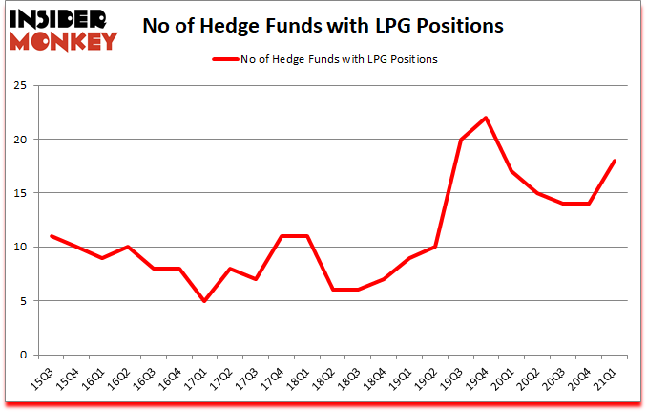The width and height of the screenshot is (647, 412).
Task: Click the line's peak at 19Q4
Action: click(486, 118)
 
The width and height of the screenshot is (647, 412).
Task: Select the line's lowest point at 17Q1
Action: click(204, 301)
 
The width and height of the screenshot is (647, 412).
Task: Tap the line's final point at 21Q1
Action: click(615, 161)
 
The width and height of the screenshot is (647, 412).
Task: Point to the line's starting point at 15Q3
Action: click(51, 236)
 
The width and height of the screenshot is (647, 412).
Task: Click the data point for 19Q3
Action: click(461, 140)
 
